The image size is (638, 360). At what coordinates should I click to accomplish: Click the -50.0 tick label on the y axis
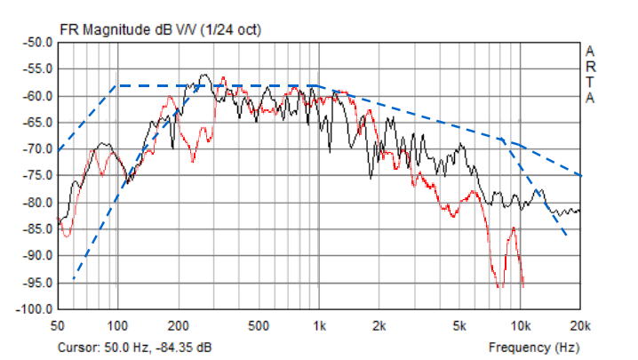pyautogui.click(x=37, y=42)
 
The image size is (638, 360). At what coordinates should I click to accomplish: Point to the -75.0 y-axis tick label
pyautogui.click(x=37, y=176)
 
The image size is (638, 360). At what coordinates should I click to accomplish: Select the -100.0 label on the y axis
pyautogui.click(x=35, y=309)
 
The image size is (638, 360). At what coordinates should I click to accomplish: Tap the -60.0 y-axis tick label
pyautogui.click(x=37, y=96)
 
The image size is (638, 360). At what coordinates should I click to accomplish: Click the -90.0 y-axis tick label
pyautogui.click(x=37, y=256)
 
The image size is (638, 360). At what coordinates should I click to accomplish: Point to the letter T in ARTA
pyautogui.click(x=591, y=83)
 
